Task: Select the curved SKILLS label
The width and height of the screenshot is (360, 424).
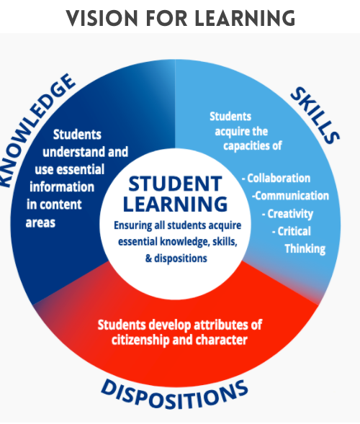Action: coord(315,115)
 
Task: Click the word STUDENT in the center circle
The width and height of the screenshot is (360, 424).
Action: coord(175,184)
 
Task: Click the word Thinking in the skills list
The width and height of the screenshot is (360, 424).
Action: coord(305,249)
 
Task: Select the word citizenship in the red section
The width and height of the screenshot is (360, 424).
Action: coord(140,340)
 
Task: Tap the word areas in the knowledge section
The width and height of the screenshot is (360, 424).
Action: coord(40,223)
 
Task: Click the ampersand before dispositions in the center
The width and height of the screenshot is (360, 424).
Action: coord(148,258)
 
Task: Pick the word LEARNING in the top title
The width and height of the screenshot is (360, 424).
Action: coord(245,18)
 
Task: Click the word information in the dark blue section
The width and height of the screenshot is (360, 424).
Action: coord(62,187)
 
